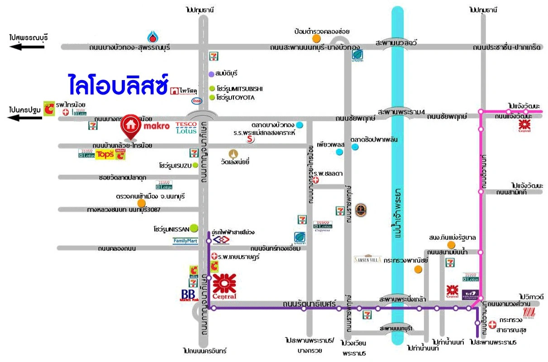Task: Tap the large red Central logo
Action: [224, 286]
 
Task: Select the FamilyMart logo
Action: [186, 241]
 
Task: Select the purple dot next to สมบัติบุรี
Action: [211, 73]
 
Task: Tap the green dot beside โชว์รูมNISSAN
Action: [194, 229]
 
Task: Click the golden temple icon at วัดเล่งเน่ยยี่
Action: [233, 153]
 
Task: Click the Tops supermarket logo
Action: [105, 155]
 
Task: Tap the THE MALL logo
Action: [529, 312]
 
